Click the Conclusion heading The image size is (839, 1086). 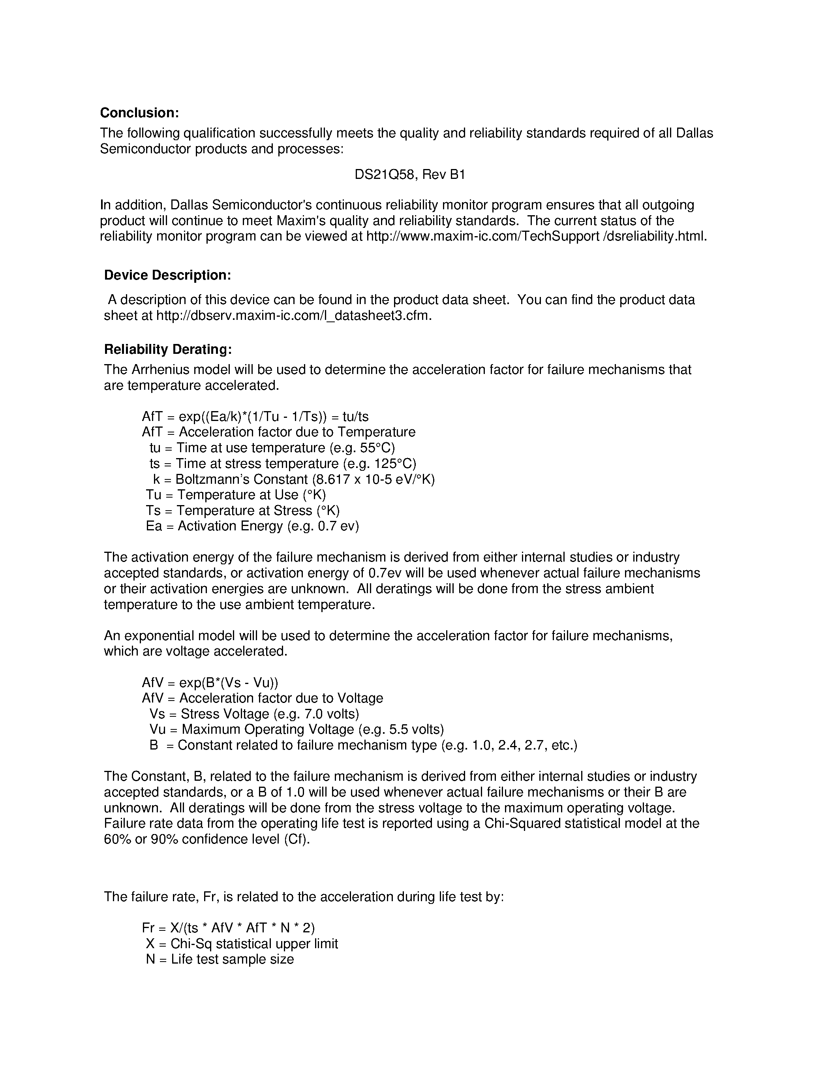pyautogui.click(x=139, y=113)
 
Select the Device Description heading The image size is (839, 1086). pyautogui.click(x=167, y=275)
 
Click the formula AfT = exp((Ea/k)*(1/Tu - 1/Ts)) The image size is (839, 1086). pyautogui.click(x=234, y=417)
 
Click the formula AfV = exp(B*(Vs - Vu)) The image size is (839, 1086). pyautogui.click(x=210, y=683)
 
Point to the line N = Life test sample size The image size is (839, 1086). pyautogui.click(x=220, y=959)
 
